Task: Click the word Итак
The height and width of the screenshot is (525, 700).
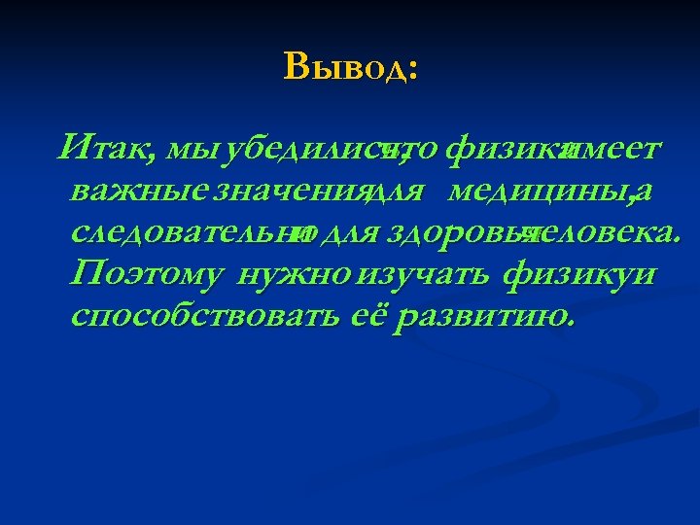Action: pyautogui.click(x=102, y=151)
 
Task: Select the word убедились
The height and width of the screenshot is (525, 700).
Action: pyautogui.click(x=301, y=151)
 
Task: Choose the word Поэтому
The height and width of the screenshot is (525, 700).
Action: pyautogui.click(x=148, y=275)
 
